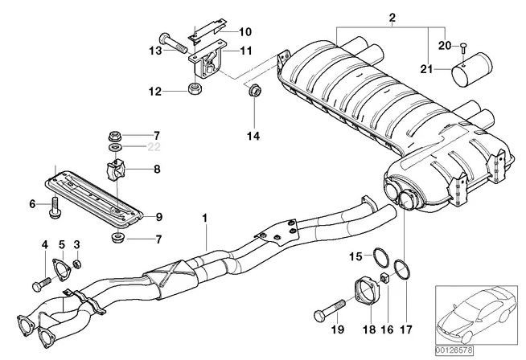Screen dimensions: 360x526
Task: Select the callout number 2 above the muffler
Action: click(392, 18)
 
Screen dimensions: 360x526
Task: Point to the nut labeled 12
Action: click(195, 88)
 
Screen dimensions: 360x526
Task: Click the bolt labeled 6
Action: click(55, 206)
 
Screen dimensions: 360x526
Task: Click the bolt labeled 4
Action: click(40, 283)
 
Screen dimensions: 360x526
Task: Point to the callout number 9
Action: click(158, 217)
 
